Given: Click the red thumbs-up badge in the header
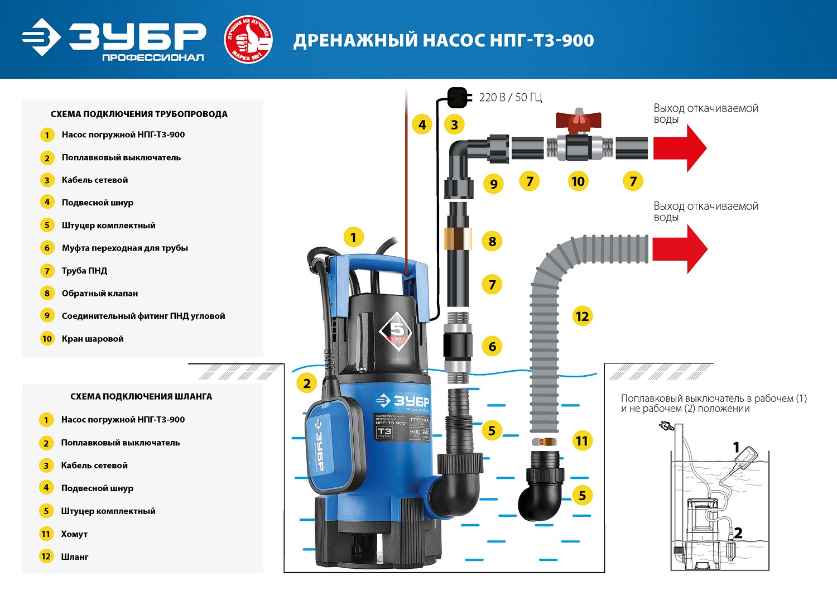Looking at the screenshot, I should [x=248, y=39].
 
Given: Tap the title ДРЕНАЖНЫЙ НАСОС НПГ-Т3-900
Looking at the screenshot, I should [x=444, y=41].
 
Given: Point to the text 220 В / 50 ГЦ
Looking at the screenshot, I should [x=511, y=97].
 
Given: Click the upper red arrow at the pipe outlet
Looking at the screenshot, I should [x=680, y=148].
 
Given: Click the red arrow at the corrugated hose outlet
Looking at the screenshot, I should [x=680, y=249].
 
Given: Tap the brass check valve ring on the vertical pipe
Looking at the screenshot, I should [x=458, y=238].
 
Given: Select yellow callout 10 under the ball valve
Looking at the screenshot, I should [x=578, y=181].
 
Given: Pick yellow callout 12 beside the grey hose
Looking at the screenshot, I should [x=582, y=316].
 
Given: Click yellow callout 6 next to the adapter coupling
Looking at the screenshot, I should [x=492, y=347].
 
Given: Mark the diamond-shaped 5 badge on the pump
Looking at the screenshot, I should [x=397, y=330].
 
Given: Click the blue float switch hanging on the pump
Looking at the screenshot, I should [x=334, y=441].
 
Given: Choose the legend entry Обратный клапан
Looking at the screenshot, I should [x=99, y=293].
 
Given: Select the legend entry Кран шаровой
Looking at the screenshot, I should [x=93, y=339].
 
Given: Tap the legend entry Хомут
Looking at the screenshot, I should [x=74, y=534].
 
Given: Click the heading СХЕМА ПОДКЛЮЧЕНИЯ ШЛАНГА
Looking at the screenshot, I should [x=141, y=396].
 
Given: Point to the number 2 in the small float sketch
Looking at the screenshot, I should [x=738, y=533].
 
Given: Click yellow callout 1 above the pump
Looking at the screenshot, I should [x=353, y=238].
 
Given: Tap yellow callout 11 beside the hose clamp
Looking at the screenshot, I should [x=582, y=441].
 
